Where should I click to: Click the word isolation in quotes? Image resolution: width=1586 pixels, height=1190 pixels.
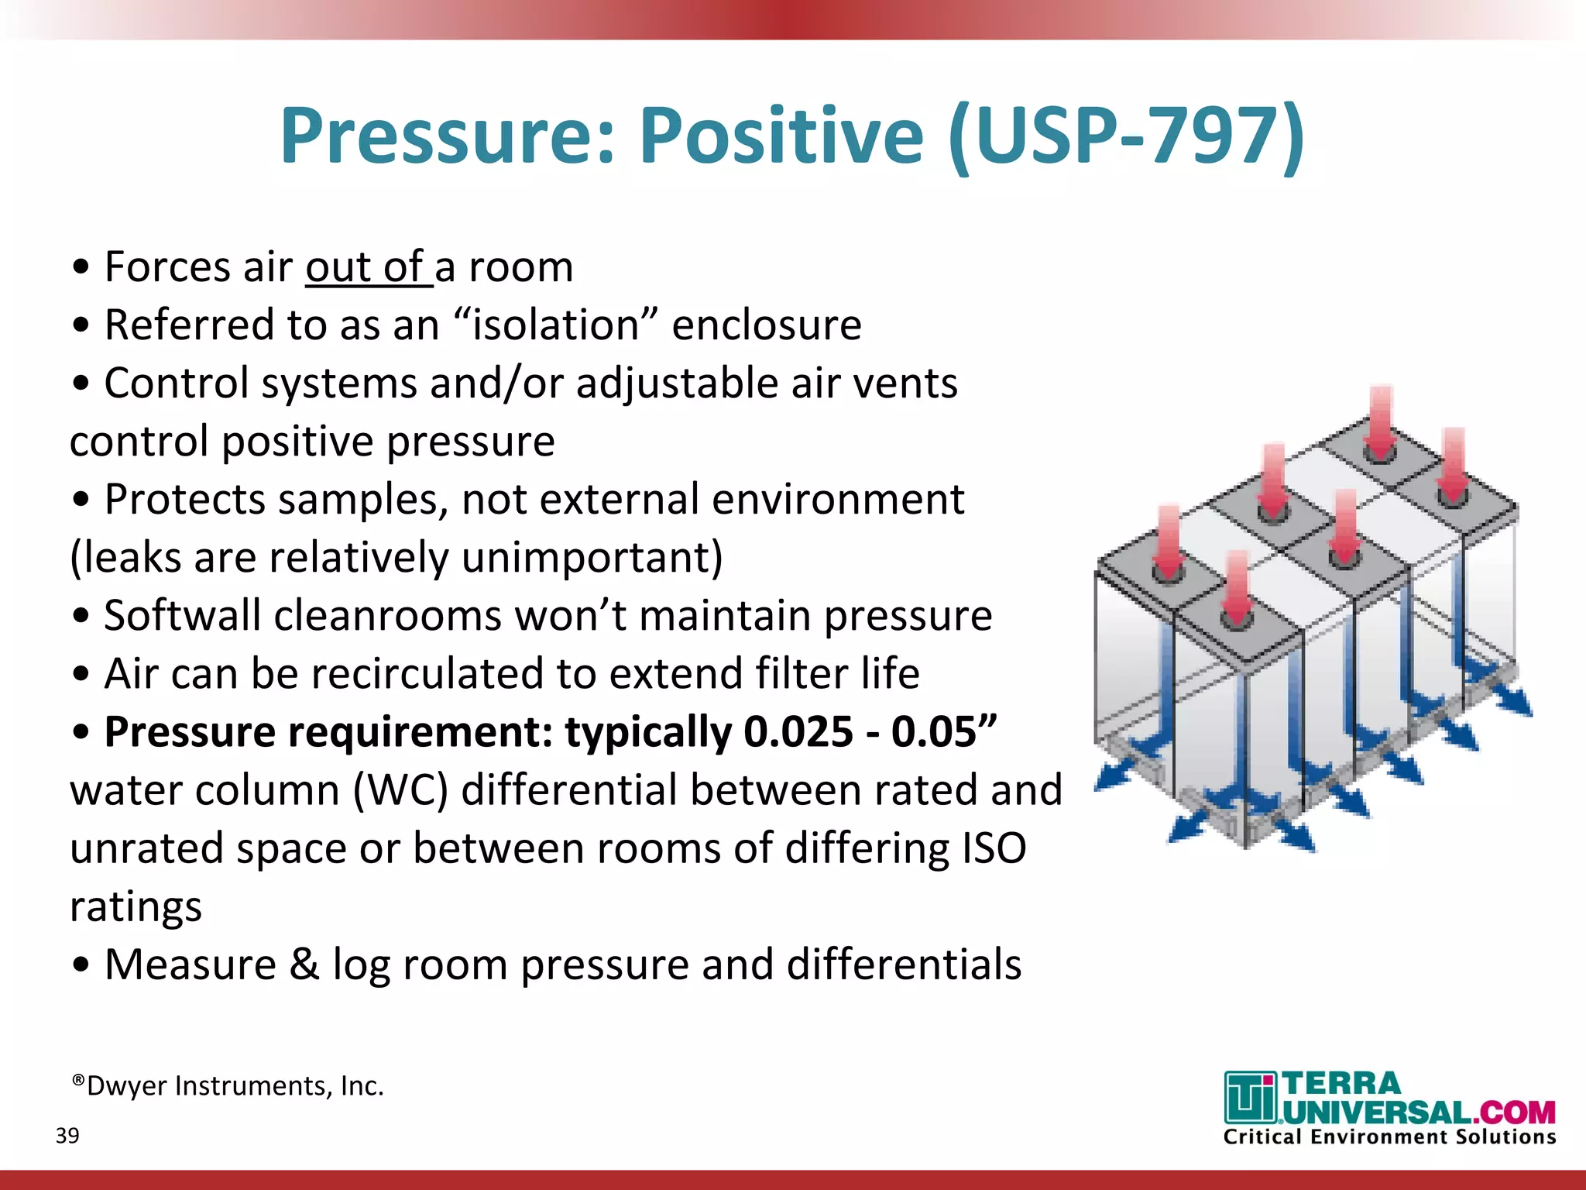(555, 325)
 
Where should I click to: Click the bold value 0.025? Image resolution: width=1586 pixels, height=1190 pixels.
(798, 732)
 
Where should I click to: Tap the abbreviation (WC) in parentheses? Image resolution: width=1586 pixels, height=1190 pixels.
(400, 791)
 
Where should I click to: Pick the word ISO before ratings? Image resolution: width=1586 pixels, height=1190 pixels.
(994, 848)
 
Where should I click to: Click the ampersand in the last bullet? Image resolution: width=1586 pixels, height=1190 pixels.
(304, 965)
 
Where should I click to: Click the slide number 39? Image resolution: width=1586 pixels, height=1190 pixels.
(67, 1136)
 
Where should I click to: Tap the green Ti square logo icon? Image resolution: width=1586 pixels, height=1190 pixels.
(1249, 1097)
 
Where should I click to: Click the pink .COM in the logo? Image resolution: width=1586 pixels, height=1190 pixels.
(1513, 1113)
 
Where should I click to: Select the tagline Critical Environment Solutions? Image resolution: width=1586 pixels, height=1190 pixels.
(1389, 1137)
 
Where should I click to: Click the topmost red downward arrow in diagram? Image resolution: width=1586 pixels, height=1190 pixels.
(1380, 422)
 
